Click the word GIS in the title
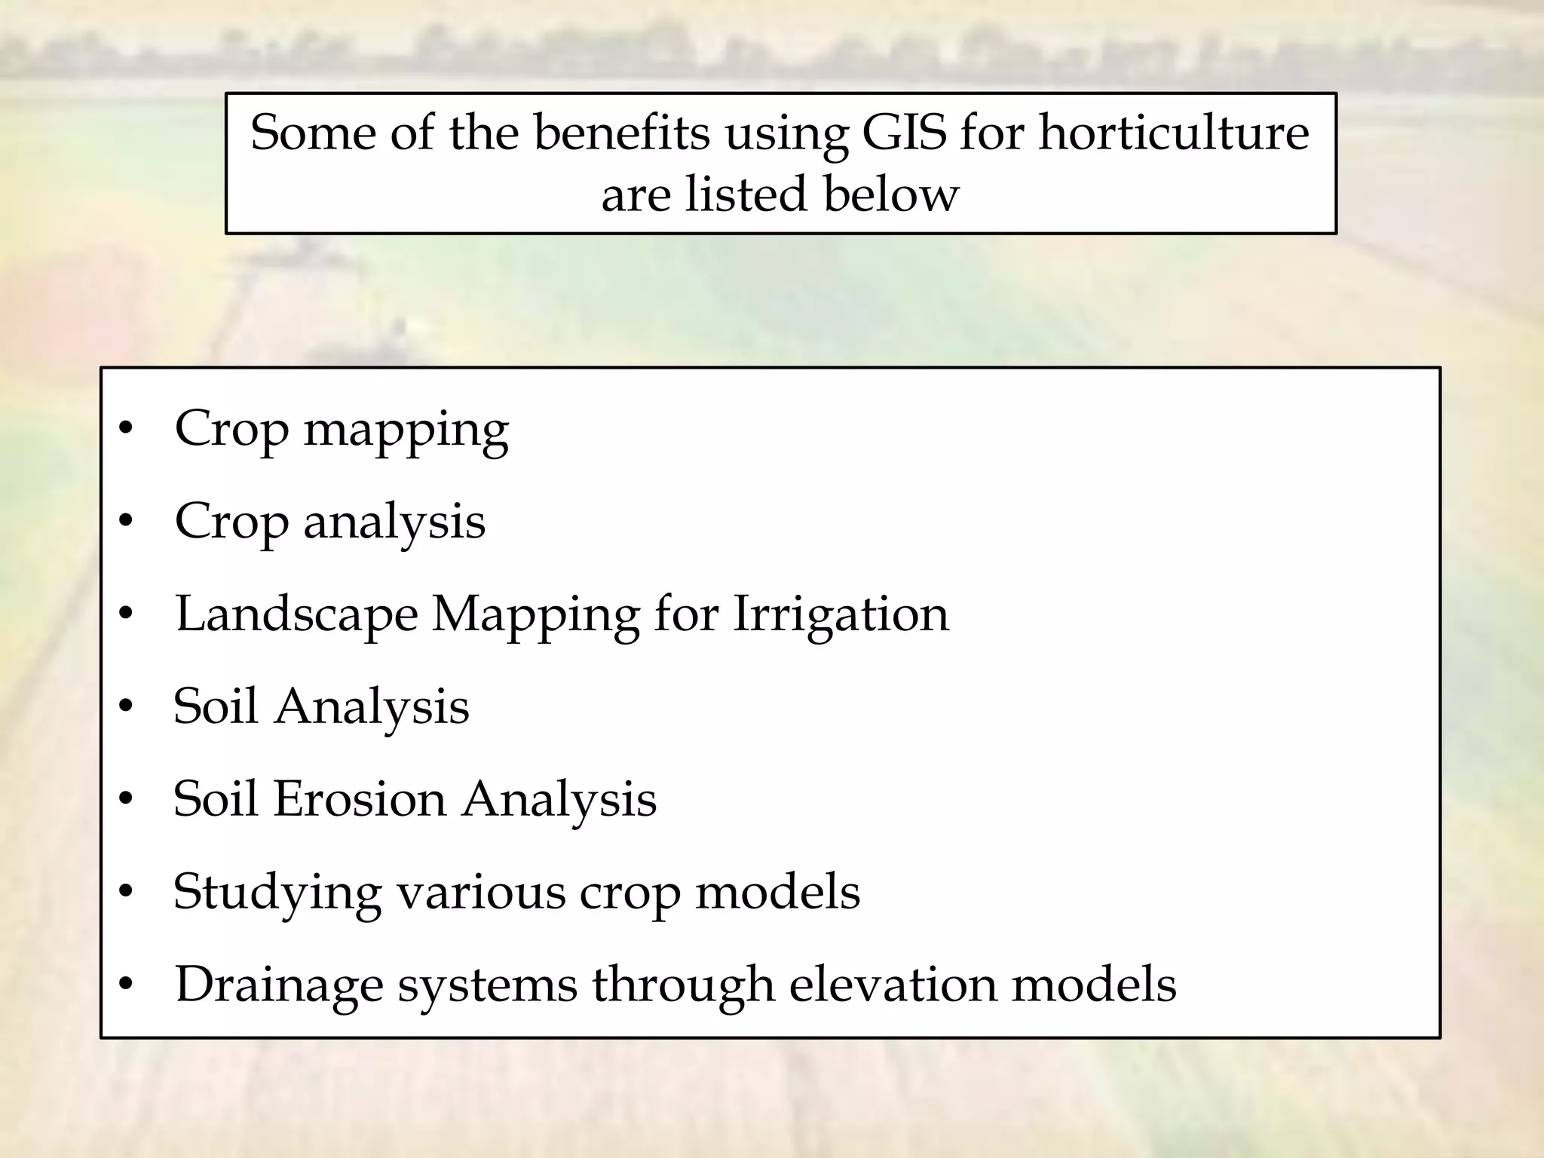[904, 133]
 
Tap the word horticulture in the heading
[1174, 133]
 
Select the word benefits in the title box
[622, 133]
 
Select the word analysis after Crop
[394, 522]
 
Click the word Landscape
[296, 614]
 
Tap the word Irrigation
[841, 614]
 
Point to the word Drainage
[279, 985]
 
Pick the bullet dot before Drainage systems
[126, 985]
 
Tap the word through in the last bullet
[683, 985]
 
